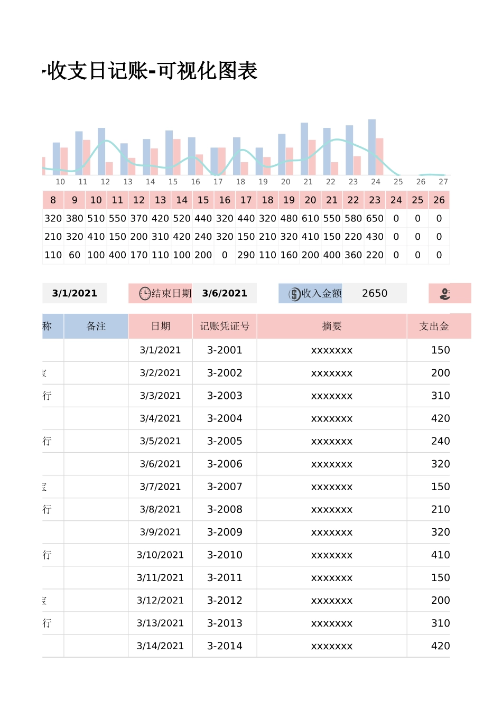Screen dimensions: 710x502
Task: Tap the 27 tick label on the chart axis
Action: pos(443,182)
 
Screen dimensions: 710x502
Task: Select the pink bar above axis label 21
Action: pos(312,157)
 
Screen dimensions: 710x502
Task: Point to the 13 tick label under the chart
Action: pos(128,182)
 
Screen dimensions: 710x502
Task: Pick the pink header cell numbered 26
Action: pos(439,200)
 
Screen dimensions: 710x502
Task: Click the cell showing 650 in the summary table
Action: pos(375,219)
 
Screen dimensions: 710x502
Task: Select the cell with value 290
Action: pos(246,255)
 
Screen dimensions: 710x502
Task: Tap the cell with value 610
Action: pos(310,219)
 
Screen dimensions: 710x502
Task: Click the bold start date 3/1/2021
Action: pos(75,293)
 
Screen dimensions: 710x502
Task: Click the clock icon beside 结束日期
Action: pos(145,293)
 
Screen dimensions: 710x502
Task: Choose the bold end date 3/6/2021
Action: pos(225,293)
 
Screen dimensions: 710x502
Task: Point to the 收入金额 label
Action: pos(321,293)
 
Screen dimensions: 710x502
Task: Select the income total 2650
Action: pos(375,293)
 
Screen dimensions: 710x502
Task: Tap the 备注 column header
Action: pos(96,326)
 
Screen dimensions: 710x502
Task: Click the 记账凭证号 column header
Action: pos(225,326)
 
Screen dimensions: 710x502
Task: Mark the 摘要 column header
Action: pos(332,326)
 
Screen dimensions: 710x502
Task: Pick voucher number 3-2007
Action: pos(225,487)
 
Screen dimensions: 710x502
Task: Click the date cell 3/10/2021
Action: pos(160,555)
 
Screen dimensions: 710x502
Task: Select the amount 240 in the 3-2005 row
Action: pos(440,441)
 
